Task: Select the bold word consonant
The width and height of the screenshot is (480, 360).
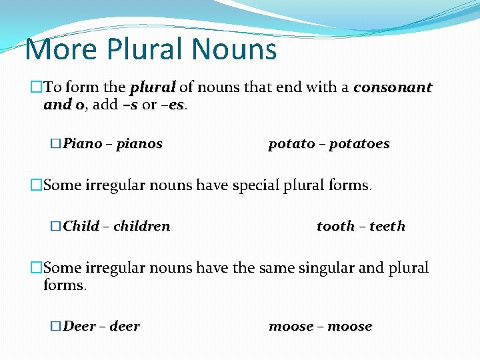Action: pyautogui.click(x=393, y=87)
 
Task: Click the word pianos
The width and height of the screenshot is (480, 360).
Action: pyautogui.click(x=139, y=144)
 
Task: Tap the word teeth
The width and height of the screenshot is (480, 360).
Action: pyautogui.click(x=387, y=226)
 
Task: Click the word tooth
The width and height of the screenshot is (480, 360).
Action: pyautogui.click(x=336, y=226)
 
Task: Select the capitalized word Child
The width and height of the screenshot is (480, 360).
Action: pyautogui.click(x=81, y=226)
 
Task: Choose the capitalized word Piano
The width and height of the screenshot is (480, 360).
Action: pyautogui.click(x=83, y=144)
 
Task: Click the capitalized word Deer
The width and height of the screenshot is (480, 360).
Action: pyautogui.click(x=79, y=326)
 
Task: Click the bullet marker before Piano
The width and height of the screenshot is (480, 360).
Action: pyautogui.click(x=56, y=144)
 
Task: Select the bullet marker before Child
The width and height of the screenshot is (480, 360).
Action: pyautogui.click(x=56, y=226)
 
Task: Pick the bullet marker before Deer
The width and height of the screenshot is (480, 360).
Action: pyautogui.click(x=56, y=326)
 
